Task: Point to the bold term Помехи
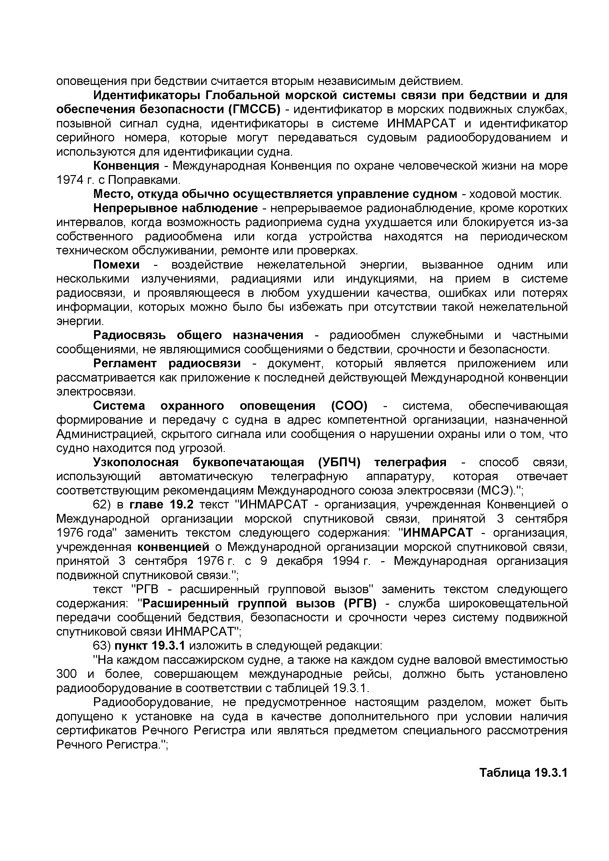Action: pos(116,265)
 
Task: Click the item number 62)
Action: pos(101,505)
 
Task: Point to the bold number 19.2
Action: pos(181,505)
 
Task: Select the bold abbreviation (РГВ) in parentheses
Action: pos(360,604)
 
